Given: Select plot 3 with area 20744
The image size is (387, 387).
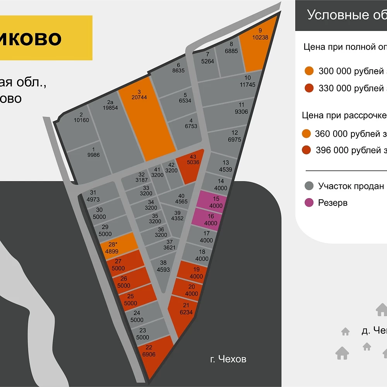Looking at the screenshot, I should click(x=146, y=116).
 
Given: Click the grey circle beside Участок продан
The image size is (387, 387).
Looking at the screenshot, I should click(x=309, y=186).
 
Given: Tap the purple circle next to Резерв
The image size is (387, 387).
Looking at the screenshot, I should click(x=309, y=203).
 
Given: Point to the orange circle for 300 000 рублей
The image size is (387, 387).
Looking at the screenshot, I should click(x=309, y=71).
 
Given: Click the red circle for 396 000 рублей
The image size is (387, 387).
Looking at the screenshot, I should click(x=307, y=150).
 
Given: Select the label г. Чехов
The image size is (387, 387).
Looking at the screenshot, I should click(x=228, y=359).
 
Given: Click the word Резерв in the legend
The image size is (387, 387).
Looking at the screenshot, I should click(x=332, y=203).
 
